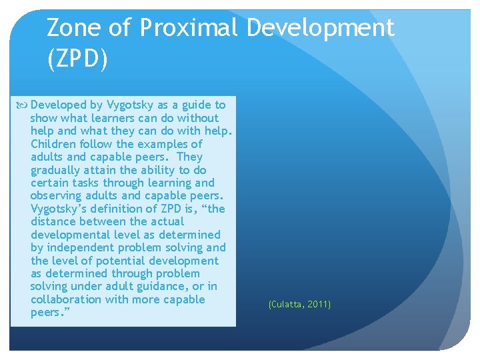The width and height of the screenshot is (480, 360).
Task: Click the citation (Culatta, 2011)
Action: point(299,305)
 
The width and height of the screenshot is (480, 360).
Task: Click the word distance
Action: point(54,222)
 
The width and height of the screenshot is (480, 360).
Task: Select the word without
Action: point(197,118)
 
